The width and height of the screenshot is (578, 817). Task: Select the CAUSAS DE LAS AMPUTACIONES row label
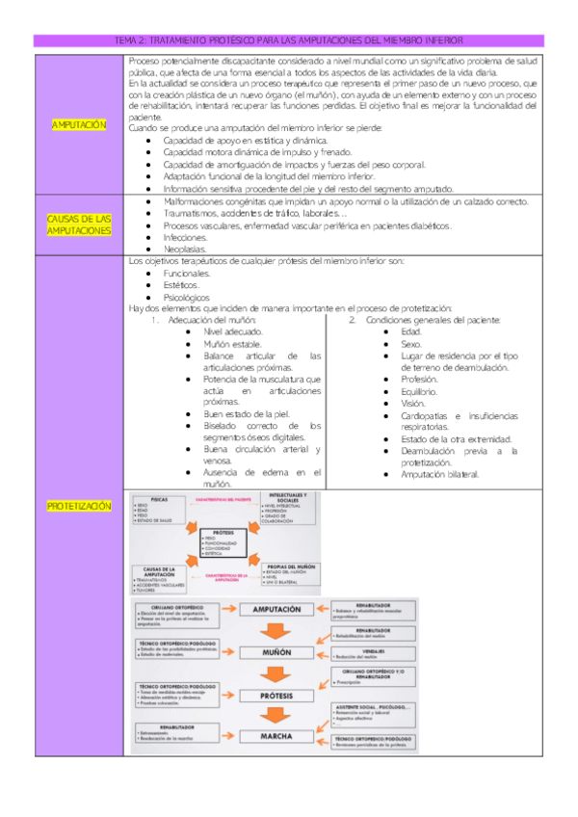point(79,224)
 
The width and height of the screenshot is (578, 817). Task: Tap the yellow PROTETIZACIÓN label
point(79,505)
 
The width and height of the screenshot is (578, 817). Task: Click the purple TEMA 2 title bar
point(289,40)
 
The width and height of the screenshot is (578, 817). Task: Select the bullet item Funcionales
point(187,274)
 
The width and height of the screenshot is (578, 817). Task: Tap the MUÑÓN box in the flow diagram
point(276,652)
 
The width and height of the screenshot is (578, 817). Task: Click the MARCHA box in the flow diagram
point(276,737)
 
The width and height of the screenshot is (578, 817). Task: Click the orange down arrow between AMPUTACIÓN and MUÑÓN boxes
point(276,631)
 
